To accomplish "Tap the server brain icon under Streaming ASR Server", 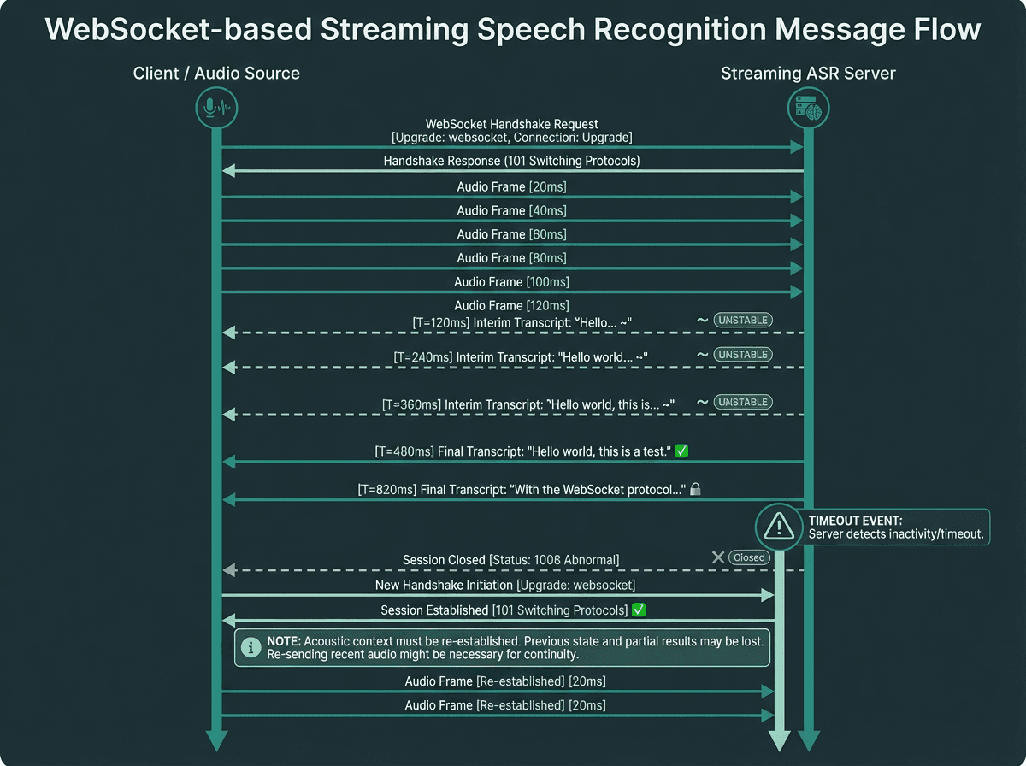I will click(x=808, y=108).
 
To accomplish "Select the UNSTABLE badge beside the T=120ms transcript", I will click(x=743, y=320).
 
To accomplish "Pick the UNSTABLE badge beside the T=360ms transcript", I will click(x=743, y=402).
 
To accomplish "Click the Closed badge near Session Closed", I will click(x=749, y=557).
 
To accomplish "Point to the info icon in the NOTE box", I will click(x=251, y=648).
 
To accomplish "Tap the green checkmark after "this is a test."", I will click(x=681, y=450).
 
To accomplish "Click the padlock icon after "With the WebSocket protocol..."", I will click(x=696, y=490).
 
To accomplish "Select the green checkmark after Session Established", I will click(x=637, y=610).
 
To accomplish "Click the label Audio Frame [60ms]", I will click(x=511, y=234).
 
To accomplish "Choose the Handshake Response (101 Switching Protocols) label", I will click(x=511, y=161).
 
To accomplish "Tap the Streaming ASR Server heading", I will click(x=808, y=74).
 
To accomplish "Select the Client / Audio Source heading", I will click(x=216, y=74).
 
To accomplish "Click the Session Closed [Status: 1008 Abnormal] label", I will click(x=510, y=560).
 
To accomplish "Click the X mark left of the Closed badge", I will click(x=718, y=557).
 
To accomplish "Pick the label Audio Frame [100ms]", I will click(x=511, y=282).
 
